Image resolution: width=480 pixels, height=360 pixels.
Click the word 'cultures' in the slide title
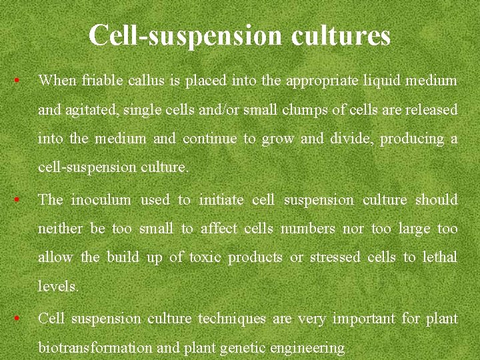click(x=341, y=35)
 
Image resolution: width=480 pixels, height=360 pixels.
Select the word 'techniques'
click(x=232, y=318)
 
